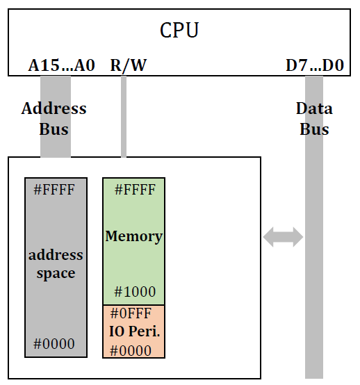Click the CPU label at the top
pos(179,31)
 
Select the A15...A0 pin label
pos(61,66)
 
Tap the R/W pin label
pos(129,66)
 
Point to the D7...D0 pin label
pos(315,66)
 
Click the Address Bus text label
pos(54,119)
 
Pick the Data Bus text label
pos(314,119)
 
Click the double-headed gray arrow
pos(283,237)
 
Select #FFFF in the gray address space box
pos(54,190)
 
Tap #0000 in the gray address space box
pos(54,343)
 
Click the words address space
pos(56,264)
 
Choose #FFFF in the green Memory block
pos(133,190)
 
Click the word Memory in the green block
pos(133,236)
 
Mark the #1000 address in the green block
pos(135,292)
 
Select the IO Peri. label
pos(135,331)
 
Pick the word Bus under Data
pos(314,129)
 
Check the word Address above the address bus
pos(54,109)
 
